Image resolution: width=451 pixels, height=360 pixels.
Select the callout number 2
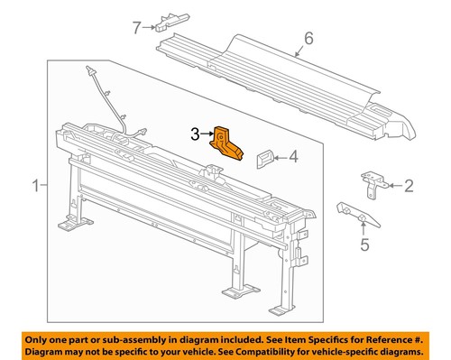pyautogui.click(x=408, y=187)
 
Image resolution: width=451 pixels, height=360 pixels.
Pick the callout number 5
pyautogui.click(x=364, y=243)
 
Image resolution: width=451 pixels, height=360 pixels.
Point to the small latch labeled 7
pyautogui.click(x=170, y=19)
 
